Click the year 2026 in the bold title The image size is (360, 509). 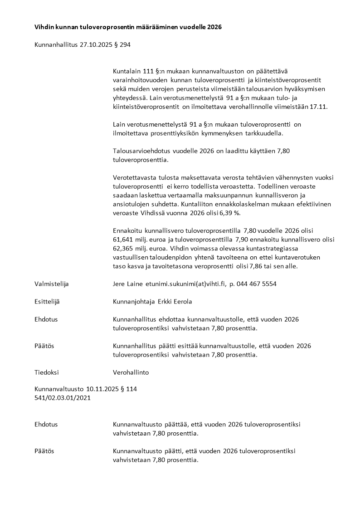214,27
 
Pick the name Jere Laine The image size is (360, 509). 128,284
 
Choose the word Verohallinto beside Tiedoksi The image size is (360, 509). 131,372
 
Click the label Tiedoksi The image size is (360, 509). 47,372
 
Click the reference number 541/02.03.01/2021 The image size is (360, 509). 62,398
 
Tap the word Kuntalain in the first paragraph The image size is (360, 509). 125,71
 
